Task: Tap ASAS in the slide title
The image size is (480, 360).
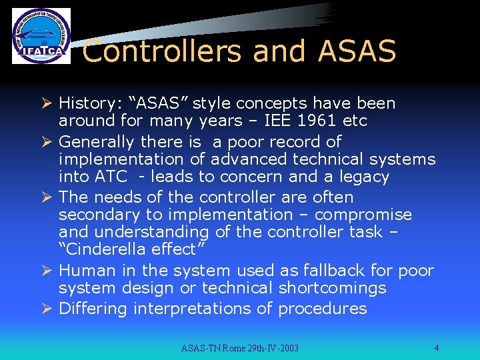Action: (x=357, y=51)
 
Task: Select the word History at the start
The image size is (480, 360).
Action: (x=85, y=103)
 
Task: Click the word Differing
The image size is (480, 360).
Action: (x=93, y=309)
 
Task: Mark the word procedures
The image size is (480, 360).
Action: (x=323, y=309)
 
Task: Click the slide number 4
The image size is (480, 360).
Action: (x=436, y=348)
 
